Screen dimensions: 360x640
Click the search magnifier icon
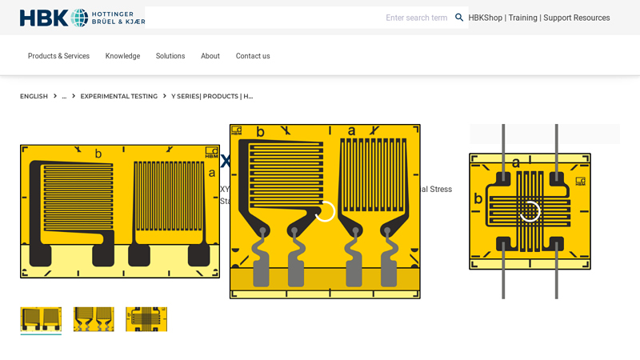pyautogui.click(x=459, y=18)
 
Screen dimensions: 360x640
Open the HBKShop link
pyautogui.click(x=485, y=18)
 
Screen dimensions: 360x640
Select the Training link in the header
pyautogui.click(x=522, y=18)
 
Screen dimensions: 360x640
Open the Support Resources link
pyautogui.click(x=576, y=18)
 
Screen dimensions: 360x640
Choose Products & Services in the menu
pyautogui.click(x=58, y=56)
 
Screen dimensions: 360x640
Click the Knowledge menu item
pyautogui.click(x=122, y=56)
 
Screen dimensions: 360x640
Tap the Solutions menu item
pyautogui.click(x=170, y=56)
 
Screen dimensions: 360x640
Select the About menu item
pyautogui.click(x=210, y=56)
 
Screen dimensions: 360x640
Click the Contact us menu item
pyautogui.click(x=253, y=56)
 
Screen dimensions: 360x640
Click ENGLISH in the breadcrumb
pyautogui.click(x=34, y=96)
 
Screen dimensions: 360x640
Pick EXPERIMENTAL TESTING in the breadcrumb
pyautogui.click(x=118, y=96)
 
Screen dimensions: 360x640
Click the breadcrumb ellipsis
pyautogui.click(x=64, y=96)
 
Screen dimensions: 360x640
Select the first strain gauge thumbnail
pyautogui.click(x=41, y=319)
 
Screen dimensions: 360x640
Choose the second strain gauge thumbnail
pyautogui.click(x=94, y=319)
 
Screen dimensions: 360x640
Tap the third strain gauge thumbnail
pyautogui.click(x=146, y=319)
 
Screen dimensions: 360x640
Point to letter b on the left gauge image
pyautogui.click(x=98, y=154)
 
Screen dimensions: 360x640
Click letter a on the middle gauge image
pyautogui.click(x=351, y=131)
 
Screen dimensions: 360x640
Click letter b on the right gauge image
pyautogui.click(x=478, y=198)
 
